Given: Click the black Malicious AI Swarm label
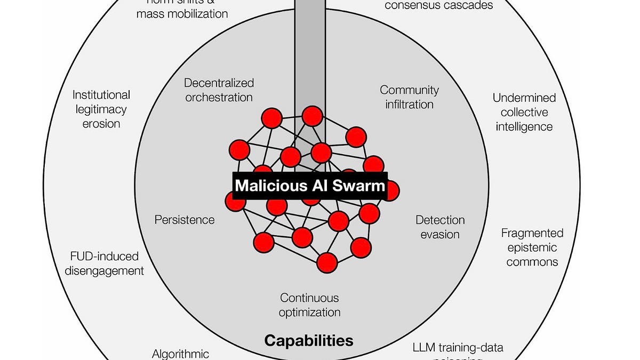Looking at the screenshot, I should (x=310, y=186).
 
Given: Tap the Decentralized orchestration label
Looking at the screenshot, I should (x=219, y=90).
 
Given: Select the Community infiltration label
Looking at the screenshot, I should (x=409, y=97).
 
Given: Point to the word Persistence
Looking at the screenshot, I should (x=185, y=220).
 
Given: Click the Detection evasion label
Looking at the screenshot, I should (x=440, y=227).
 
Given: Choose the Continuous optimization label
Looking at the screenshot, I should (x=310, y=305).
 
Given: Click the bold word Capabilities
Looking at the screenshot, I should (x=309, y=340).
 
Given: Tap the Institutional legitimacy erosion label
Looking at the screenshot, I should (x=101, y=109).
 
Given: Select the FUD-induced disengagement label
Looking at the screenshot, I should (x=105, y=263).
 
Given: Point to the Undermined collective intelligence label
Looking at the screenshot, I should (x=524, y=112).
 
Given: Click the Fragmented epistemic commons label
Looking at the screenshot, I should (x=532, y=247).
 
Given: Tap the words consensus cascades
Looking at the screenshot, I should (x=438, y=5).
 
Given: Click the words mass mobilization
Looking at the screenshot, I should (x=182, y=13).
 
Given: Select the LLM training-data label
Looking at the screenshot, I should (x=458, y=348).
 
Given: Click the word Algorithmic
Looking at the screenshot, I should (x=181, y=354).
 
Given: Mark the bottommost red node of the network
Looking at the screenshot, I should (x=327, y=262).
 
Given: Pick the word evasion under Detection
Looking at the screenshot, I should (x=440, y=234).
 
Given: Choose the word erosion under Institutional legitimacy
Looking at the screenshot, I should (x=101, y=124).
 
